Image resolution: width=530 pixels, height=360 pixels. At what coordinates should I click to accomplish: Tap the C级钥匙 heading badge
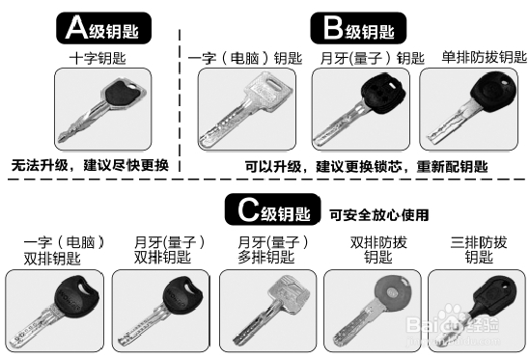click(x=272, y=208)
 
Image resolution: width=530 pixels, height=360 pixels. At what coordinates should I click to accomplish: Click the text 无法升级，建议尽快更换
click(x=90, y=165)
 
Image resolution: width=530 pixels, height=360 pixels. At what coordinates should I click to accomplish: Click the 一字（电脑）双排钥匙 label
click(x=57, y=249)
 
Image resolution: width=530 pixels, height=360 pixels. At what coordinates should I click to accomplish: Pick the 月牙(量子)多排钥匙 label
click(x=271, y=249)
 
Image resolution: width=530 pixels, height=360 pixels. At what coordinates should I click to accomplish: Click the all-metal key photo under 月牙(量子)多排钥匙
click(x=265, y=307)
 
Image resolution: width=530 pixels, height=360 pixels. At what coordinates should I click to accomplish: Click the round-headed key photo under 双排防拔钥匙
click(x=372, y=307)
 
